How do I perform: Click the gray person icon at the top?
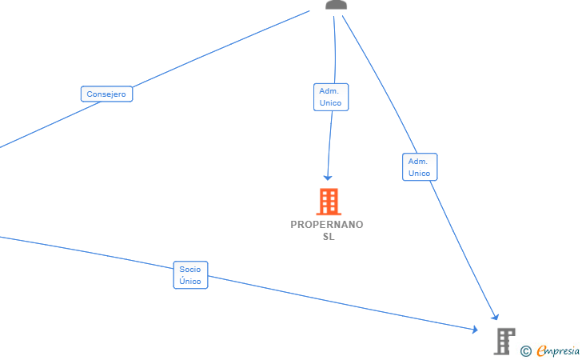tap(337, 5)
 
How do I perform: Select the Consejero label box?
tap(106, 94)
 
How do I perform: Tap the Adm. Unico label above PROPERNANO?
tap(330, 97)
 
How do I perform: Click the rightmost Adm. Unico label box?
tap(419, 167)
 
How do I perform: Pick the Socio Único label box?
tap(190, 275)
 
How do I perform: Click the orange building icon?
tap(328, 202)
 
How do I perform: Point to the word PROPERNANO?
tap(326, 225)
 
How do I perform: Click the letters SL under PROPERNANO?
tap(328, 237)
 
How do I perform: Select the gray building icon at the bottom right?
tap(504, 341)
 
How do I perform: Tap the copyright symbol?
tap(525, 350)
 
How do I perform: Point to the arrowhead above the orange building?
tap(327, 177)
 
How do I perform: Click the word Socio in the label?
tap(190, 270)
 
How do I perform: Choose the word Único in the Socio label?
tap(190, 282)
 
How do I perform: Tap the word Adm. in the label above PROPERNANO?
tap(330, 91)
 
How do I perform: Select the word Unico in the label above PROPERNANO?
tap(330, 103)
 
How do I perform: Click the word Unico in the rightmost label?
tap(419, 174)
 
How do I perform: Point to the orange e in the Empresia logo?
tap(541, 350)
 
